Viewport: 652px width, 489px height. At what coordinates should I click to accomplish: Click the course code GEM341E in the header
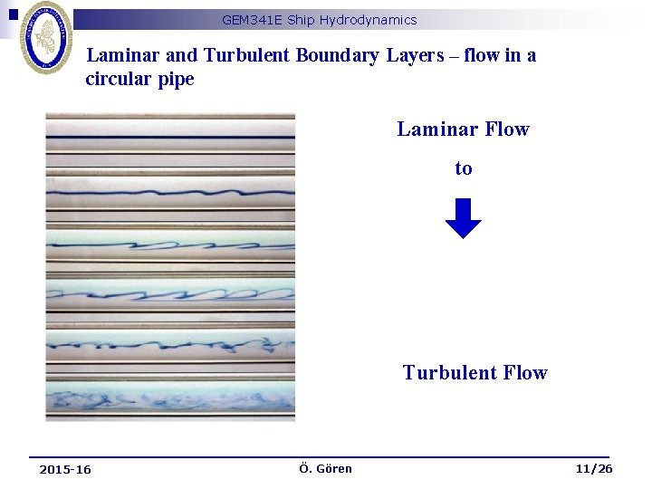[x=248, y=20]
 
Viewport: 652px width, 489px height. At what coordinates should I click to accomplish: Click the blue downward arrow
[x=464, y=217]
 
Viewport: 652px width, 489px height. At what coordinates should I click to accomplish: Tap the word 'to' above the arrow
[x=464, y=168]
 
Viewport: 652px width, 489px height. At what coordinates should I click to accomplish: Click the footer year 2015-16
[x=65, y=469]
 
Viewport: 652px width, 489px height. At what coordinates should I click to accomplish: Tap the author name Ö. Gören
[x=325, y=468]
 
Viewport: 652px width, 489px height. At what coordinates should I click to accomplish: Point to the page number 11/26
[x=593, y=468]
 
